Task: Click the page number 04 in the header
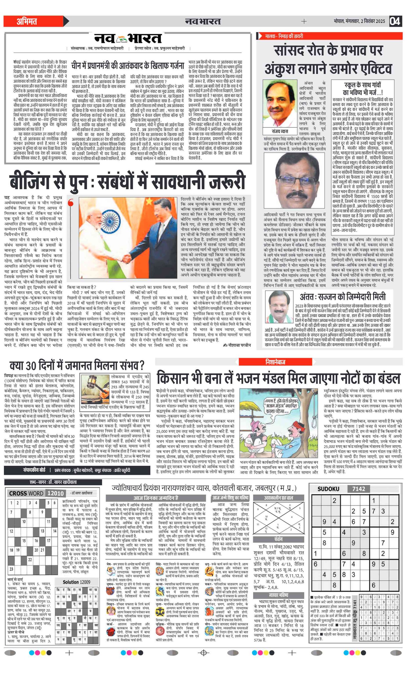[x=395, y=21]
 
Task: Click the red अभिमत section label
[x=27, y=21]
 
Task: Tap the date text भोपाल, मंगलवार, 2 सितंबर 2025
[x=359, y=21]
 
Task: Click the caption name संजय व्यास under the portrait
[x=280, y=131]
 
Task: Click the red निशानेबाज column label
[x=275, y=362]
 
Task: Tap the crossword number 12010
[x=55, y=493]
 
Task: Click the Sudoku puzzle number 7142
[x=358, y=489]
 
